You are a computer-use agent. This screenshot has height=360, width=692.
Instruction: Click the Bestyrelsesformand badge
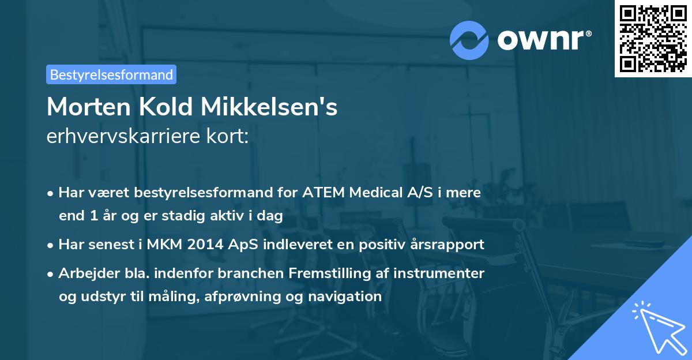(x=111, y=74)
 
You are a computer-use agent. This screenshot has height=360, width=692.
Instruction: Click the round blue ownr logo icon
(x=469, y=40)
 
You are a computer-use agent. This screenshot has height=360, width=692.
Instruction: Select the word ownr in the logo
(x=543, y=40)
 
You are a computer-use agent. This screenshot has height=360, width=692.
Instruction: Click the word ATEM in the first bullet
(x=322, y=193)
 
